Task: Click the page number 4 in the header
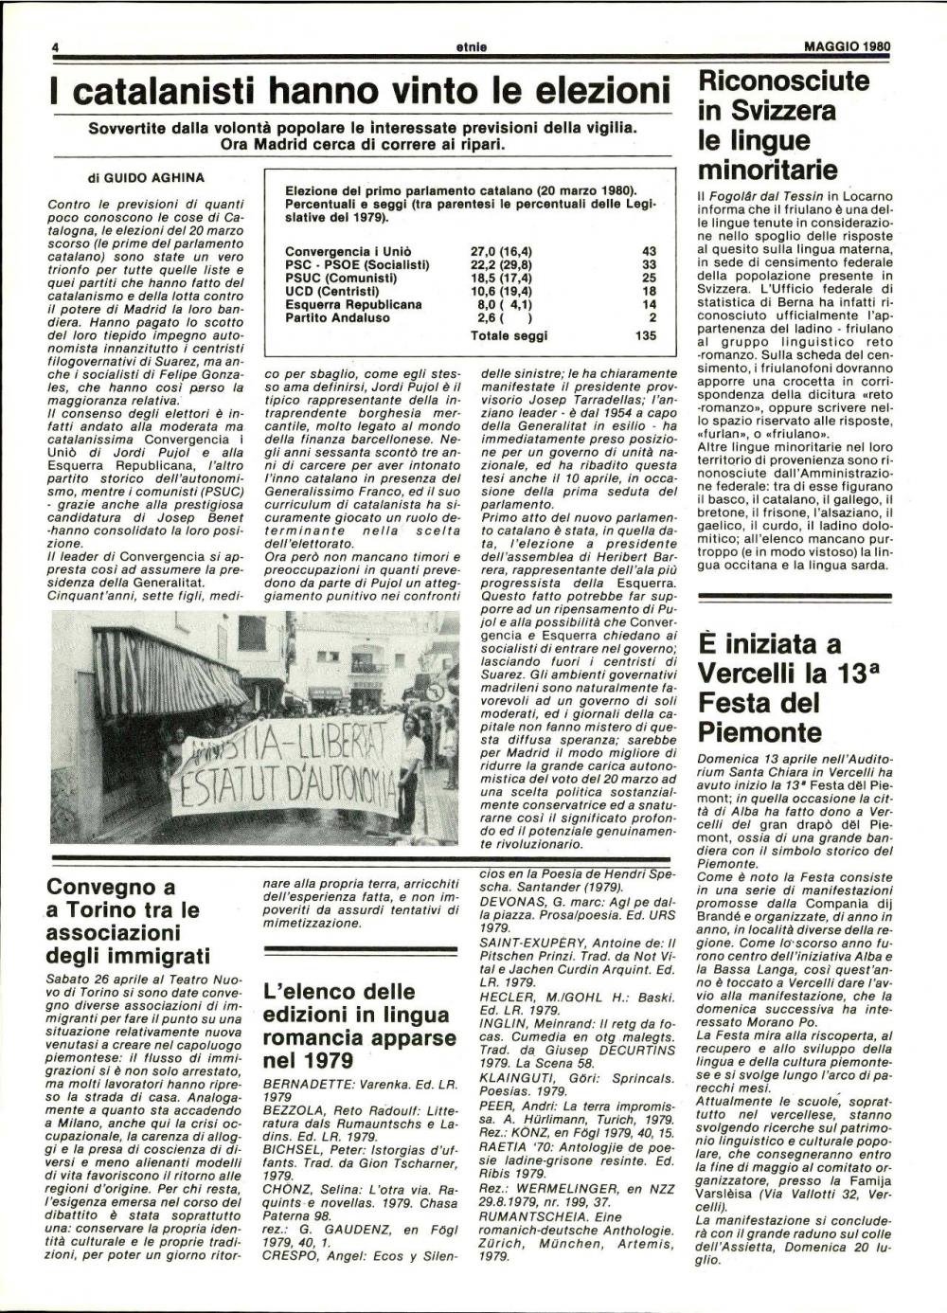pos(56,45)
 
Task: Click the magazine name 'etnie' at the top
pos(471,45)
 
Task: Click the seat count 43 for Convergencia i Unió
pos(649,251)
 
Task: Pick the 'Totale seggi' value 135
pos(645,334)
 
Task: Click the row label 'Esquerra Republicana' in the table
pos(353,304)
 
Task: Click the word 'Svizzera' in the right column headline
pos(782,111)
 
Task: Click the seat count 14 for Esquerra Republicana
pos(649,304)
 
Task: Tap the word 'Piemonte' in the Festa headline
pos(759,731)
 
